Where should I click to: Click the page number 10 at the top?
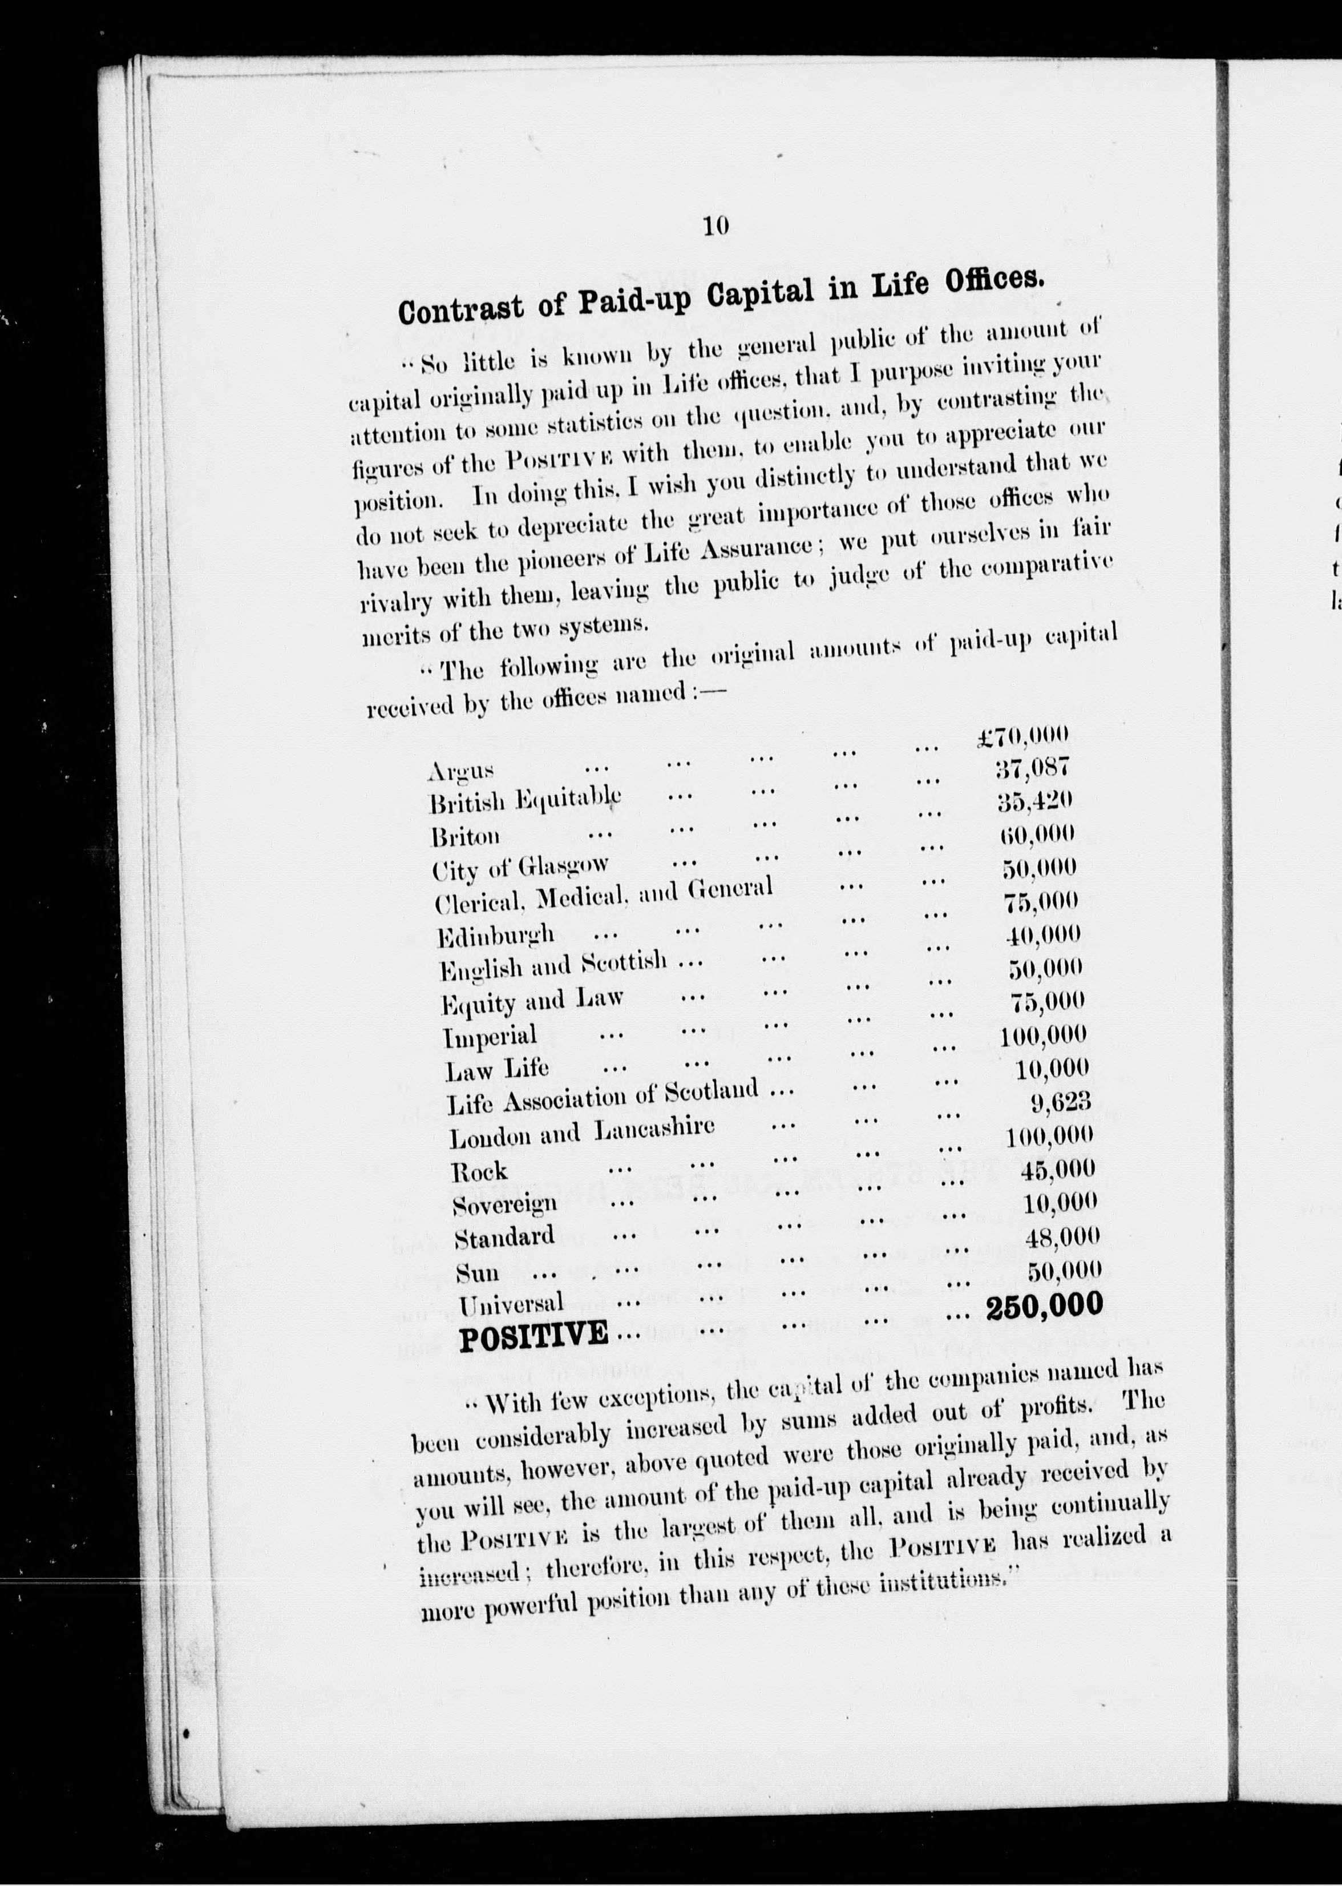[716, 225]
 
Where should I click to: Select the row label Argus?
[461, 772]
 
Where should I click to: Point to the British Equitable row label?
[525, 800]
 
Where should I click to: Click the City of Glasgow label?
[520, 867]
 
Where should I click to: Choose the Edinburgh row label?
[496, 936]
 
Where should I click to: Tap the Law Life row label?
[496, 1070]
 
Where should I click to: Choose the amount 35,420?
[1034, 800]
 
